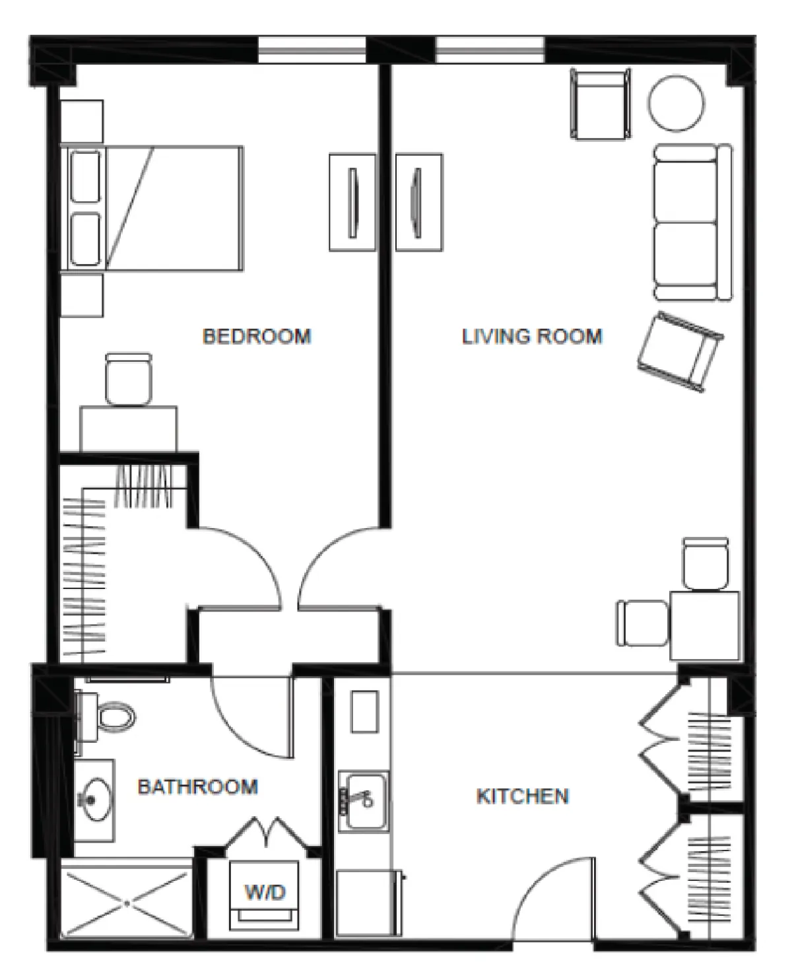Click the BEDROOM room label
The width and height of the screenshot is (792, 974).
pyautogui.click(x=257, y=337)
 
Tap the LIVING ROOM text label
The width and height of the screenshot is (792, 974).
pyautogui.click(x=533, y=337)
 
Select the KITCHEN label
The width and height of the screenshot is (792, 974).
pyautogui.click(x=523, y=796)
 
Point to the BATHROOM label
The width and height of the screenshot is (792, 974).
pyautogui.click(x=198, y=787)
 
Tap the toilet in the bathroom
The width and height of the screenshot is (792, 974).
pyautogui.click(x=108, y=716)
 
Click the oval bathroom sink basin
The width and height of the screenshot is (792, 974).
pyautogui.click(x=94, y=800)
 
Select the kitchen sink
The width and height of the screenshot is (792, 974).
pyautogui.click(x=364, y=801)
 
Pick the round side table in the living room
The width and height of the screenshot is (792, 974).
pyautogui.click(x=676, y=104)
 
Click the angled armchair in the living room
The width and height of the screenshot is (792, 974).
pyautogui.click(x=680, y=352)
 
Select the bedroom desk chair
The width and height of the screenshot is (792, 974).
pyautogui.click(x=129, y=378)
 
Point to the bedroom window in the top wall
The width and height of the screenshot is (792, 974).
pyautogui.click(x=312, y=50)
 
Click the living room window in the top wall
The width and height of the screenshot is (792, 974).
pyautogui.click(x=490, y=50)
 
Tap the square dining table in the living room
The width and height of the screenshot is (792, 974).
pyautogui.click(x=704, y=625)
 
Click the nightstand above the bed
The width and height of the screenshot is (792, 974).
pyautogui.click(x=82, y=122)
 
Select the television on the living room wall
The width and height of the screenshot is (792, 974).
pyautogui.click(x=419, y=202)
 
